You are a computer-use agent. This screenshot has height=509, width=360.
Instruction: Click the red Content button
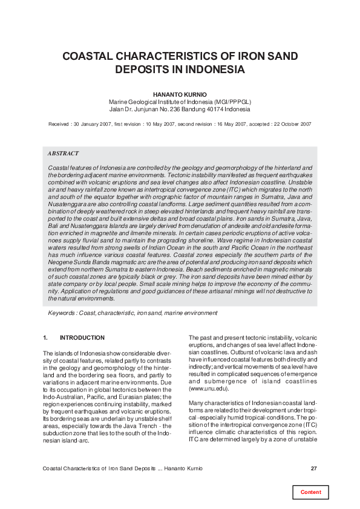click(x=311, y=492)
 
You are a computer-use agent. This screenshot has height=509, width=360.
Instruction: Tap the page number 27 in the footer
click(x=313, y=468)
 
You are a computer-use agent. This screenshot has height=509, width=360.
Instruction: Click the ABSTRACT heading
click(x=63, y=154)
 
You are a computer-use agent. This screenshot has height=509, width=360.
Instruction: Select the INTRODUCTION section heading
click(x=82, y=337)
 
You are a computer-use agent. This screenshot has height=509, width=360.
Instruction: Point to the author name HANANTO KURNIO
click(x=180, y=94)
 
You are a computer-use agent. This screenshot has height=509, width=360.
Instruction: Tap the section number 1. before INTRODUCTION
click(x=46, y=337)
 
